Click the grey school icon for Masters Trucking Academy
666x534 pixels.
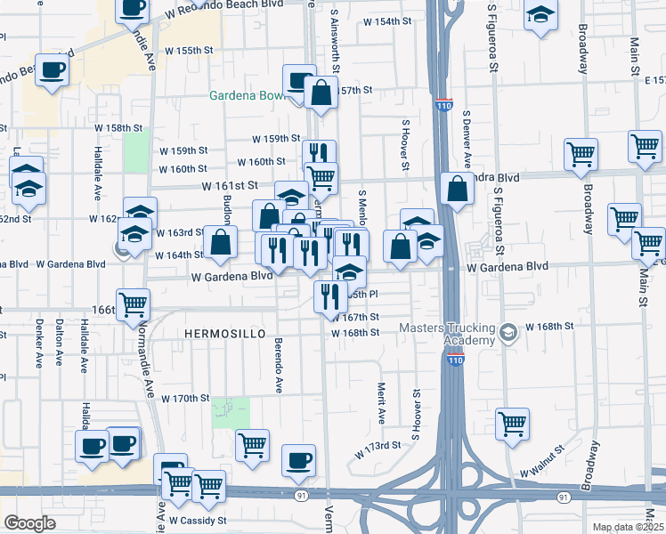508,334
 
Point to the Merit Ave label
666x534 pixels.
381,401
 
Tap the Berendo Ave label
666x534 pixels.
279,370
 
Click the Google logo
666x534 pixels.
30,523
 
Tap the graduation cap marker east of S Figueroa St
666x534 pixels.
540,16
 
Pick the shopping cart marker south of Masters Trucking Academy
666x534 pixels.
512,424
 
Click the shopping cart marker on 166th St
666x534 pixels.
134,304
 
